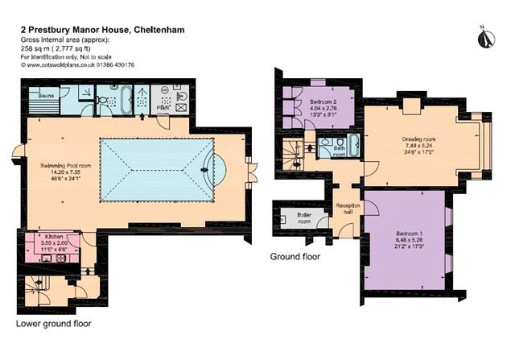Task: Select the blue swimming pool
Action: [x=157, y=170]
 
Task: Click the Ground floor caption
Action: [x=295, y=258]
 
